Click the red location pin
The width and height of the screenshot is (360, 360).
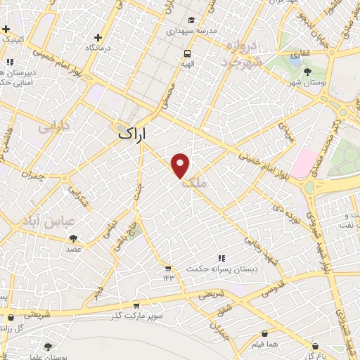click(x=181, y=165)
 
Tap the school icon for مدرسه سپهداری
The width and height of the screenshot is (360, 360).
click(x=193, y=20)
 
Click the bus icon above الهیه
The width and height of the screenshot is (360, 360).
click(x=187, y=53)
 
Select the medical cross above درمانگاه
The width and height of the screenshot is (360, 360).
click(x=98, y=37)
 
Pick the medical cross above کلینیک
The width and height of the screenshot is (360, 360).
click(x=6, y=30)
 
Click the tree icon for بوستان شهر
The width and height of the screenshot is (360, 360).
click(x=307, y=71)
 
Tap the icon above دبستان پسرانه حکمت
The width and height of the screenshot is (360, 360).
click(x=222, y=259)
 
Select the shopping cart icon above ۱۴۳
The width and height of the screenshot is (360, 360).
click(x=168, y=267)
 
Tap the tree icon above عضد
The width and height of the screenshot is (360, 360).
click(x=74, y=239)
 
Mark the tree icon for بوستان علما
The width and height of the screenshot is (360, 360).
click(x=48, y=346)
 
